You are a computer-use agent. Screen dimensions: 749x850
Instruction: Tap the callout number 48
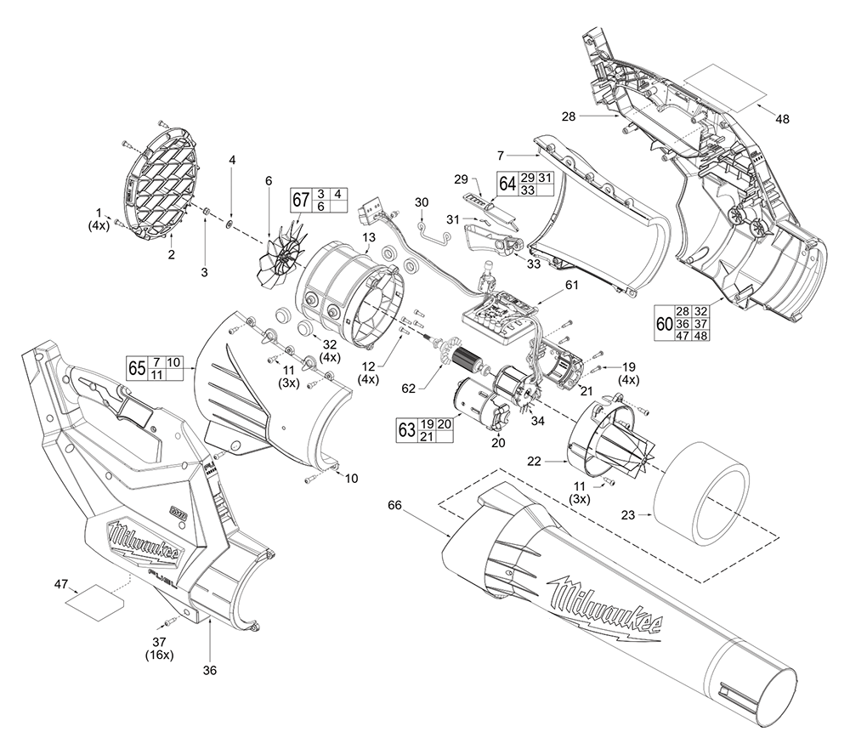[x=782, y=119]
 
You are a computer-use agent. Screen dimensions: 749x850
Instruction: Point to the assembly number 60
[x=663, y=323]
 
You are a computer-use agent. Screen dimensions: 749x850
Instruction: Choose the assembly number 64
[x=507, y=184]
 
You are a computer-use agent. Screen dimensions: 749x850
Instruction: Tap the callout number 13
[x=369, y=235]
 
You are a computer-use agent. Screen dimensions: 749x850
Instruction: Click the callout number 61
[x=569, y=285]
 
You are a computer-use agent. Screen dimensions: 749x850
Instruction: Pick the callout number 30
[x=422, y=202]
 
